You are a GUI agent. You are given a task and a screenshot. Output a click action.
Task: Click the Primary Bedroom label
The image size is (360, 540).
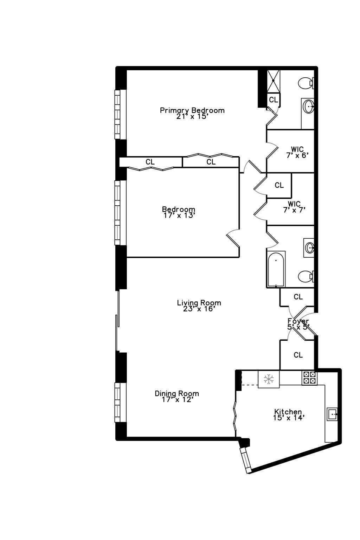(x=192, y=110)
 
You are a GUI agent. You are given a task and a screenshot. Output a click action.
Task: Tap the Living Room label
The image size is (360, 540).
(x=199, y=303)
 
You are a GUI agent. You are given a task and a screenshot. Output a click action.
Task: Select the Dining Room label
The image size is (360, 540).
(x=177, y=393)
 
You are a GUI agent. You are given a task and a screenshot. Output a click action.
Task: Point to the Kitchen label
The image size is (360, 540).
(x=288, y=412)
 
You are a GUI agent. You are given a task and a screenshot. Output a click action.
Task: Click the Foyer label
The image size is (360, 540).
(x=298, y=321)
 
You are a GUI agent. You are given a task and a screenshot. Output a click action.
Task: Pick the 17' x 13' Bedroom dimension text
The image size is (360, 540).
(x=179, y=216)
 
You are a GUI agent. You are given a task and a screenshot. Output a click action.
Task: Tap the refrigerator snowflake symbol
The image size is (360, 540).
(x=269, y=379)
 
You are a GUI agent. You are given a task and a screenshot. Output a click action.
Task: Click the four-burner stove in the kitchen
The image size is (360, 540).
(x=309, y=378)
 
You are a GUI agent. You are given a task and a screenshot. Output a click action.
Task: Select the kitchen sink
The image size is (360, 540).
(x=332, y=414)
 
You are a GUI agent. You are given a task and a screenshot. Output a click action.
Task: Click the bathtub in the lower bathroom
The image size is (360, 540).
(x=276, y=269)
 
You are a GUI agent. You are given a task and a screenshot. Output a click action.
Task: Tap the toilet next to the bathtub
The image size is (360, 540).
(x=305, y=276)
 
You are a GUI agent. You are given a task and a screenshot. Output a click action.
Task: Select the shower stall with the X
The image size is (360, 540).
(x=274, y=81)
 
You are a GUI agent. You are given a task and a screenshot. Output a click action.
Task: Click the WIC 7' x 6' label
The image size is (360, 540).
(x=297, y=152)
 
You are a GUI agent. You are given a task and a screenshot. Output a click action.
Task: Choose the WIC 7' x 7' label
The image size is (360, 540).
(x=294, y=207)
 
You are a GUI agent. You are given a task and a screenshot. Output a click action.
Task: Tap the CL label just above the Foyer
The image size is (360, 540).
(x=298, y=297)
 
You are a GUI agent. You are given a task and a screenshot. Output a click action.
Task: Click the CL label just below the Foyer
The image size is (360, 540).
(x=298, y=355)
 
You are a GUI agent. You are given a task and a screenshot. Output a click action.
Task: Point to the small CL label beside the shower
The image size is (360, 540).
(x=274, y=100)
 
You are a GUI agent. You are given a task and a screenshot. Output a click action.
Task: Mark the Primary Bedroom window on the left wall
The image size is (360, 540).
(x=118, y=114)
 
